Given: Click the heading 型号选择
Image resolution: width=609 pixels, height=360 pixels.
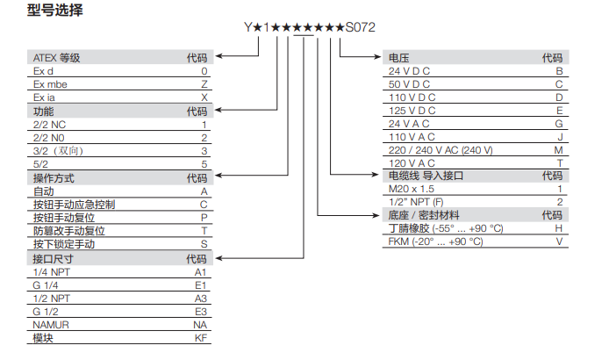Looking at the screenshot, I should [x=55, y=11].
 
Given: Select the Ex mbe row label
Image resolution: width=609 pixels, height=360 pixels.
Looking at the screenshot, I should [x=50, y=84].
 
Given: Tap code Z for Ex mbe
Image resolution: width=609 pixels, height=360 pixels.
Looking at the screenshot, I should [x=204, y=84].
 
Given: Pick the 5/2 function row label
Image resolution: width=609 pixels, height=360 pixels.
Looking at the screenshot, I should [x=41, y=164].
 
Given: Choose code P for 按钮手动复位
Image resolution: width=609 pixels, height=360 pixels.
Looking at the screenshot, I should [x=204, y=217].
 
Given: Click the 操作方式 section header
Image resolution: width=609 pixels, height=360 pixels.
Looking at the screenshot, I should [x=54, y=177].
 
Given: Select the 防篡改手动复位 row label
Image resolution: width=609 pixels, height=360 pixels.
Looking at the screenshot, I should [x=68, y=230].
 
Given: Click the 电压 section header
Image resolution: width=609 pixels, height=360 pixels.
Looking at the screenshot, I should [x=399, y=58].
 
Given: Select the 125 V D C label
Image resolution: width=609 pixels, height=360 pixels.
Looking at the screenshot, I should [x=412, y=111].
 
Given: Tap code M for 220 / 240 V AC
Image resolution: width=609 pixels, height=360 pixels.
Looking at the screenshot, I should [x=558, y=150].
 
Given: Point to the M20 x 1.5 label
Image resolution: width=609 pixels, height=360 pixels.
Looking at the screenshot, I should [x=413, y=189].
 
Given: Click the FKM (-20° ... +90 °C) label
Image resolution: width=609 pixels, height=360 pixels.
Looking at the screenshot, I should [x=436, y=241].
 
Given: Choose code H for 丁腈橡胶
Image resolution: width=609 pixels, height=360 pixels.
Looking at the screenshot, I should [x=558, y=228].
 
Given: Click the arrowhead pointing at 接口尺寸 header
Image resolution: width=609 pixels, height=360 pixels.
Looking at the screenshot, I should [x=219, y=259].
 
